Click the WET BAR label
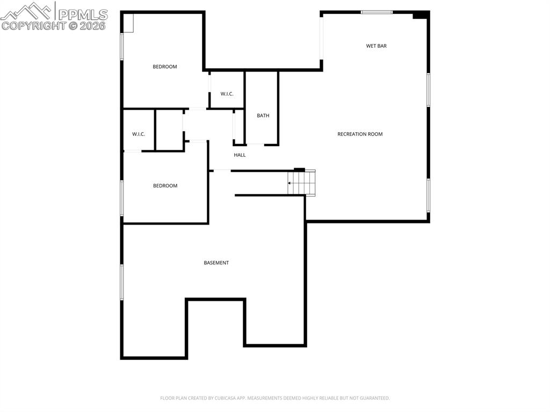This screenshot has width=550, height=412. click(376, 46)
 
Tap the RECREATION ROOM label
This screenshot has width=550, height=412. click(360, 134)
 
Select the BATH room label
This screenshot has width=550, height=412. click(263, 116)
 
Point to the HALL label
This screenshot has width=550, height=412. click(240, 155)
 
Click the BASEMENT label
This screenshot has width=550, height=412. click(216, 263)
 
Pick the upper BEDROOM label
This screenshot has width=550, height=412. click(164, 67)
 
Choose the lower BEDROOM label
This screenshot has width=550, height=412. click(165, 186)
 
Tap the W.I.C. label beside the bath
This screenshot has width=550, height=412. click(227, 95)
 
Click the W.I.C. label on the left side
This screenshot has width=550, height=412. click(139, 134)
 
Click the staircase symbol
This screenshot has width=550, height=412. click(302, 183)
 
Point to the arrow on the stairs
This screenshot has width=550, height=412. click(290, 183)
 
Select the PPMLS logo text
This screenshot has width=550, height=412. click(82, 14)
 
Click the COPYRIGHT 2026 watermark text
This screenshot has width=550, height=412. click(54, 25)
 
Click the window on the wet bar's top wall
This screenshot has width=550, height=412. click(376, 12)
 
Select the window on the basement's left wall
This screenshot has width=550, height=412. click(122, 282)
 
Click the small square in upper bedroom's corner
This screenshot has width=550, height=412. click(128, 23)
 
